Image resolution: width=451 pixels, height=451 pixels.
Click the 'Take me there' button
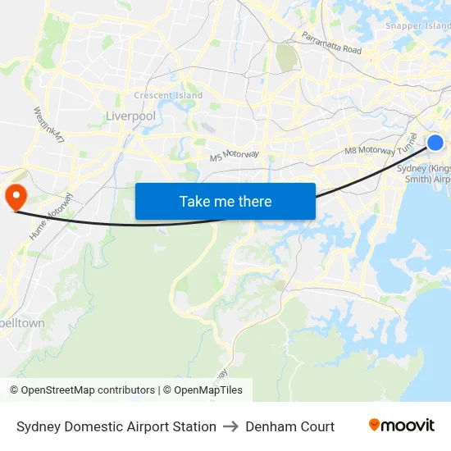point(225,201)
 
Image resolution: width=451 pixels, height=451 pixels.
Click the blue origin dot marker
point(435,143)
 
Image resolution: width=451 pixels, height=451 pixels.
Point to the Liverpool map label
point(130,116)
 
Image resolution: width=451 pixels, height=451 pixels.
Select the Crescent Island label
point(168,95)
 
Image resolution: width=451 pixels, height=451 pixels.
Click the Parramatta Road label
point(331,43)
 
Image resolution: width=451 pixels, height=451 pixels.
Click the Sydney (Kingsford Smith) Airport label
point(425,173)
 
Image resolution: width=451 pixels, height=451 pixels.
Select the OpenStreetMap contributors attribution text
point(88,390)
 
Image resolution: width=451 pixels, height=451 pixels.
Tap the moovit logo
point(402,426)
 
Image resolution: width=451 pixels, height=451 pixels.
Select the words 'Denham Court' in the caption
point(289,426)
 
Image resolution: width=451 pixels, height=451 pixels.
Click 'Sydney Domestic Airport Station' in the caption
point(116,426)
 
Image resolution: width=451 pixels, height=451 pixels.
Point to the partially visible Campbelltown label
point(22,323)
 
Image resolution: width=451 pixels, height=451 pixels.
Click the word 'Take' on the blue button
point(194,201)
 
